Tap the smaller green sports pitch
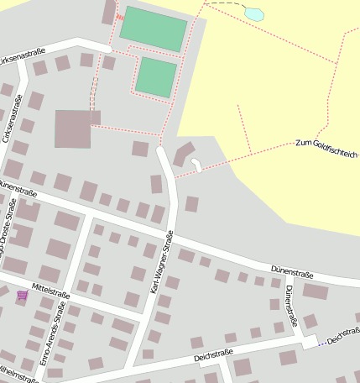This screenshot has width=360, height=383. [x=156, y=76]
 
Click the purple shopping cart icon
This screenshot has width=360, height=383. [x=21, y=296]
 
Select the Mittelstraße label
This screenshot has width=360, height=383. [x=50, y=291]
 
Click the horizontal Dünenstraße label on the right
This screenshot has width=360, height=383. [x=292, y=273]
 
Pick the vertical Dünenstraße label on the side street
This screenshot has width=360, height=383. [x=290, y=306]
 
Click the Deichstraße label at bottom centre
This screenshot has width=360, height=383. [x=211, y=356]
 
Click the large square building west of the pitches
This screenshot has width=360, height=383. [x=73, y=129]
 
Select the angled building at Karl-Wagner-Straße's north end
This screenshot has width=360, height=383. [x=182, y=154]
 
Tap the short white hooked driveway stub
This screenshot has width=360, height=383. [x=196, y=164]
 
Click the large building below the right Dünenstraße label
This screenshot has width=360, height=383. [x=316, y=291]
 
